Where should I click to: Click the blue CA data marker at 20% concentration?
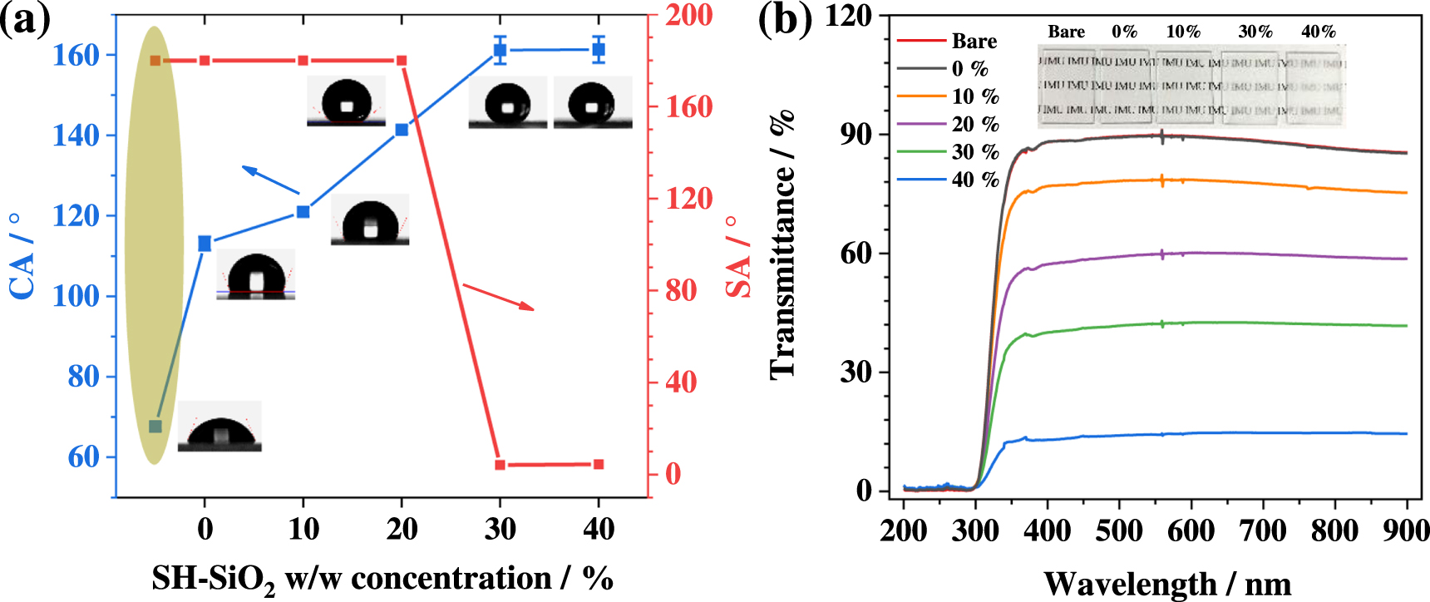click(402, 130)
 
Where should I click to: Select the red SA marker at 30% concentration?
click(500, 465)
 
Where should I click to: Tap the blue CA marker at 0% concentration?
click(205, 244)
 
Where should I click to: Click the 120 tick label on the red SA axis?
click(689, 199)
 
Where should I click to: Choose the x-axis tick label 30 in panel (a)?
click(500, 529)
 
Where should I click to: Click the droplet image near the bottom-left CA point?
click(219, 427)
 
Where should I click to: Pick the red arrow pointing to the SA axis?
click(499, 297)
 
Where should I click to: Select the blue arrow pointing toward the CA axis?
click(270, 180)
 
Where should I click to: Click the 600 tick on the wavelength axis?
click(1191, 530)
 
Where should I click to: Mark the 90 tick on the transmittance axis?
click(856, 135)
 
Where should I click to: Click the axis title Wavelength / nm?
click(1167, 584)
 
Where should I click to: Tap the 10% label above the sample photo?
click(1183, 32)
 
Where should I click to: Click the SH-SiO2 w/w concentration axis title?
click(382, 579)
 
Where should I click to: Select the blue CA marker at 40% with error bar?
click(598, 50)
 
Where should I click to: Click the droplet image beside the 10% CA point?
click(370, 220)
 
